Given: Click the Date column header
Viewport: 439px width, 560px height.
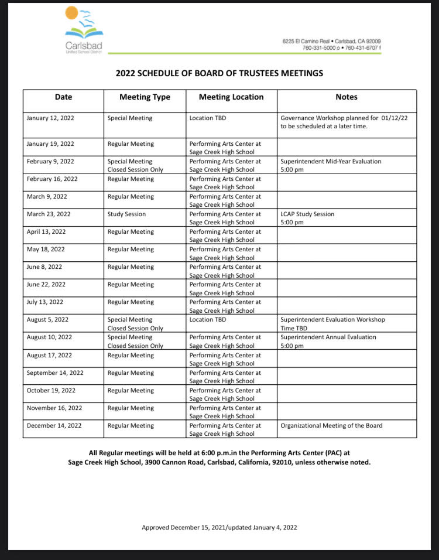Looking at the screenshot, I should (x=63, y=97).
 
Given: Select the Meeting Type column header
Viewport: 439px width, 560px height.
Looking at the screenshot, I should (x=145, y=97).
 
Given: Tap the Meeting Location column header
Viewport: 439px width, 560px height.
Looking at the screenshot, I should (x=231, y=97).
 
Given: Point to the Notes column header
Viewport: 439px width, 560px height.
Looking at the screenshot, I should (x=347, y=97).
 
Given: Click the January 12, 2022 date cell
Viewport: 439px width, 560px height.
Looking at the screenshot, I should (x=50, y=118).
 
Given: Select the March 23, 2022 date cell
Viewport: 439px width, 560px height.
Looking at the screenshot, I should (x=49, y=214).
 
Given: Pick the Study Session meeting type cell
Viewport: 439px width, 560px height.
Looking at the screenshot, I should (x=126, y=214).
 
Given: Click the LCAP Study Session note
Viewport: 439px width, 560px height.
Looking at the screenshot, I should (x=307, y=218).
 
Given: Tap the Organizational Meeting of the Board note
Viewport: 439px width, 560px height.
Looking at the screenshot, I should (x=331, y=426).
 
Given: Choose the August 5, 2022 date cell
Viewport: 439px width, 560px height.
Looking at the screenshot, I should (x=47, y=320).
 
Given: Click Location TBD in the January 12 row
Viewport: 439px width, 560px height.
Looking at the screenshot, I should (x=208, y=118).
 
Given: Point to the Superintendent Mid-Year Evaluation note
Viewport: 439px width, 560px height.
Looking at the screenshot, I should (x=331, y=165).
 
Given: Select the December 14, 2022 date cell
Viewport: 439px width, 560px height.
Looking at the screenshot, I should (x=54, y=426).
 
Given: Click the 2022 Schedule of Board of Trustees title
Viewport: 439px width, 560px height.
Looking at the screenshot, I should (x=220, y=73).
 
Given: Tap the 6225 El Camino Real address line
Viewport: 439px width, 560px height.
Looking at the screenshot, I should (x=331, y=42).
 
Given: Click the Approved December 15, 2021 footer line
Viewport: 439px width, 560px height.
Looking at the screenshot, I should (x=220, y=527).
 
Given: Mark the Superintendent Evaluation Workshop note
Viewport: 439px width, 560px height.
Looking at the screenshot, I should (x=332, y=323).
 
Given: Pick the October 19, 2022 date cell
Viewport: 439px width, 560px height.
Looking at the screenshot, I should (x=52, y=391).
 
